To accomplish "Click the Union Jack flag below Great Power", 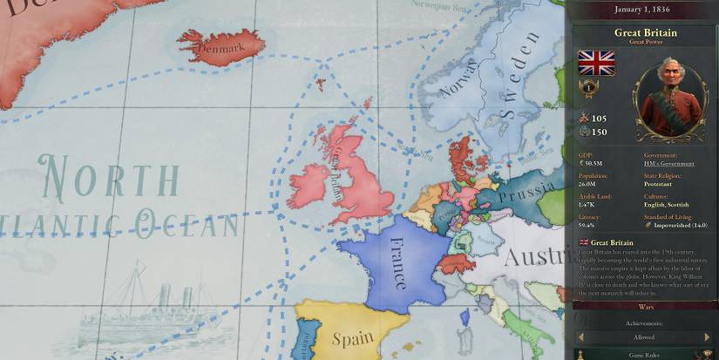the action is [596, 63].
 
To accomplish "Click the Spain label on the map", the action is [353, 337].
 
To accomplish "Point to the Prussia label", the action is [527, 189].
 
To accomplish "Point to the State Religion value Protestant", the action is [658, 184].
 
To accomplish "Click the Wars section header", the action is [646, 306].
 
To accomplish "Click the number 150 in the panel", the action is [599, 132].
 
